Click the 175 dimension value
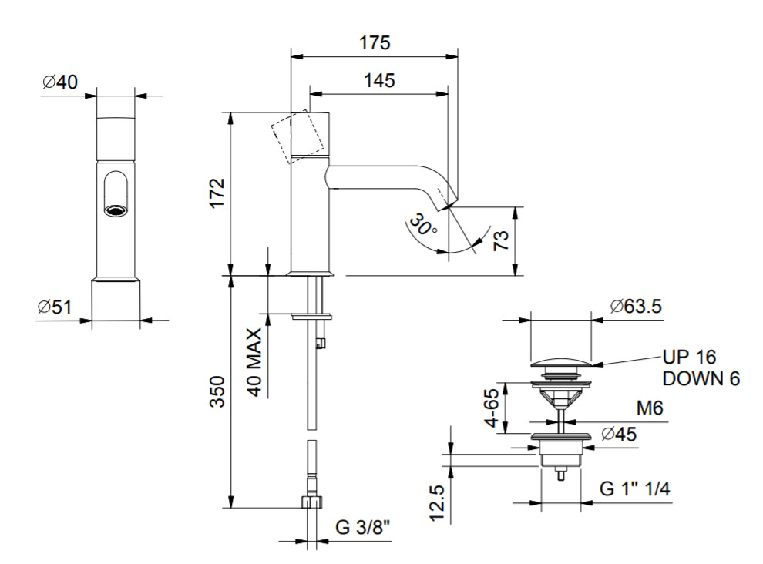click(x=375, y=43)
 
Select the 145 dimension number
click(x=379, y=80)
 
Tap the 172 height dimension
click(x=217, y=193)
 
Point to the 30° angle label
click(x=422, y=224)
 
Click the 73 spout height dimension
click(x=501, y=240)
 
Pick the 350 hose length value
click(x=217, y=391)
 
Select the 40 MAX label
click(x=254, y=362)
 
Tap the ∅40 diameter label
click(x=60, y=82)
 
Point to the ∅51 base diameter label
click(x=55, y=307)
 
